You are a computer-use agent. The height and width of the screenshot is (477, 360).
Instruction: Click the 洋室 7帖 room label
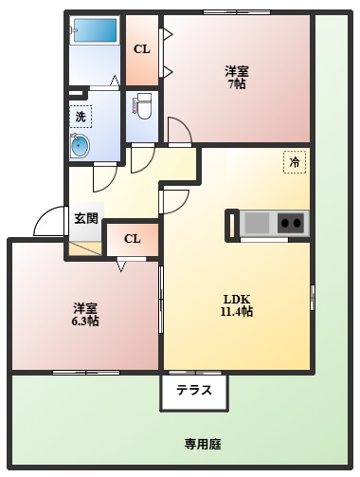pos(237,77)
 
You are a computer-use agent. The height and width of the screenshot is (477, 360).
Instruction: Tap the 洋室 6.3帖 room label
pos(85,315)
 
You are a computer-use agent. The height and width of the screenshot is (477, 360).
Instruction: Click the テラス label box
pos(194,390)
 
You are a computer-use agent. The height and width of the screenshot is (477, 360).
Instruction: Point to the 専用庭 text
pos(202,443)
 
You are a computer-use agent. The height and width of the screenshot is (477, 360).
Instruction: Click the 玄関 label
pos(85,218)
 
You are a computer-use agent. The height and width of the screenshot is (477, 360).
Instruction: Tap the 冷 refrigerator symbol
pos(295,163)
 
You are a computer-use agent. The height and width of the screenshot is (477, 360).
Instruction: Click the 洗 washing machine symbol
pos(81,117)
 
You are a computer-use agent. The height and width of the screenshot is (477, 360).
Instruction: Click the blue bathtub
pos(95,30)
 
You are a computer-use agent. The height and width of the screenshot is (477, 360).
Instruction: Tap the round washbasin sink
pos(79,147)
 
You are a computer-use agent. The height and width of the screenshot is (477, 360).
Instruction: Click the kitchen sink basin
pos(257,224)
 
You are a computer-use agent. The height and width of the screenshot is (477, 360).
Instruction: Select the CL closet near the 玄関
pos(133,238)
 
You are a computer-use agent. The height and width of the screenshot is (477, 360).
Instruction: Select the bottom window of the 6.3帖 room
pos(86,372)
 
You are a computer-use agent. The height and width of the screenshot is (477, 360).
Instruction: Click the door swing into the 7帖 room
pos(178,130)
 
